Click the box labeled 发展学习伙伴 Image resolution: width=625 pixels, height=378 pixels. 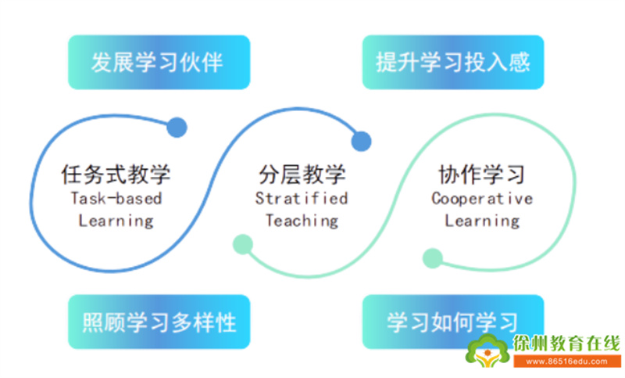pos(159,63)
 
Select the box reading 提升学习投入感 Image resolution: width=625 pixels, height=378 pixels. pos(453,63)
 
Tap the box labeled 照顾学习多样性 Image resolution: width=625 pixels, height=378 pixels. pos(159,322)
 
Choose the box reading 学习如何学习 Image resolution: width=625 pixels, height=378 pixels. pos(453,322)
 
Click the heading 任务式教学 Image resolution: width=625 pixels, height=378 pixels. pos(116,175)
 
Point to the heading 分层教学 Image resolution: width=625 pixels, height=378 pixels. pos(302,175)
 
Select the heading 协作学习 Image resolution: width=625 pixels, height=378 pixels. pos(481,175)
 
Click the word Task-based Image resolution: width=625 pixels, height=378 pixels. pos(116,198)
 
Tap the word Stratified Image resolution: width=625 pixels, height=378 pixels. pos(302,198)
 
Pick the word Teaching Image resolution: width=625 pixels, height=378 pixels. pos(302,221)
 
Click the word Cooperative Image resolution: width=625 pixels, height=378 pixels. pos(482,198)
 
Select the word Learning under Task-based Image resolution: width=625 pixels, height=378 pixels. pos(116,221)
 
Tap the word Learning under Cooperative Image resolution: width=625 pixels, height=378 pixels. pos(482,221)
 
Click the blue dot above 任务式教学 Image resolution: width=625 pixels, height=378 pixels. pos(177,128)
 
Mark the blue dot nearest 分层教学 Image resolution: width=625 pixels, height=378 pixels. pos(361,142)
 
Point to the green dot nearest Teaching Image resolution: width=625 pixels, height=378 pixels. pos(243,244)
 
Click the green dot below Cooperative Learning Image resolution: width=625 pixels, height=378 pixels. pos(433,257)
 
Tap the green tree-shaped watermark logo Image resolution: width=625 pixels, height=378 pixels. pos(487,351)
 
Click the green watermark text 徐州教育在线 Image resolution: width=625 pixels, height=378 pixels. pos(566,344)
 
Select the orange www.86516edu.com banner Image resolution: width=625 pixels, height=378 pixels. pos(566,362)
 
